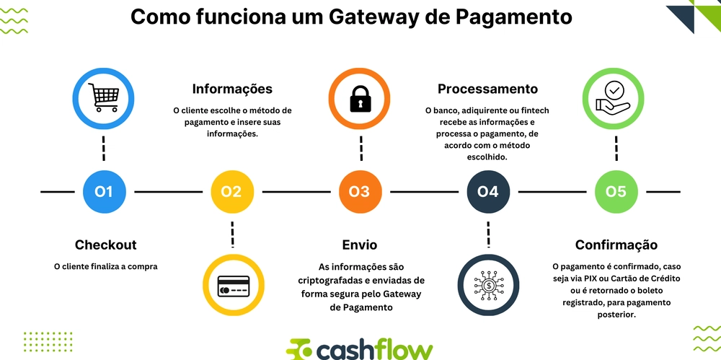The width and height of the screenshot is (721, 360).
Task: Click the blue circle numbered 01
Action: pos(104,191)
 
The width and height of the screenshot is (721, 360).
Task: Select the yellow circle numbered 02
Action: pos(231,191)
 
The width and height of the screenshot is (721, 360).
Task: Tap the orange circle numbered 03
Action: pos(359,191)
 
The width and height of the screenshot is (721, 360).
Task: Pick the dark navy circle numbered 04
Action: pos(488,191)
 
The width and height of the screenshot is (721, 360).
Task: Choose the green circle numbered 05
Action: pos(616,191)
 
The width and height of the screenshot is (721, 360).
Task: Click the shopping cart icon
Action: pos(104,98)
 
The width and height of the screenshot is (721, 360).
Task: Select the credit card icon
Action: pos(233,285)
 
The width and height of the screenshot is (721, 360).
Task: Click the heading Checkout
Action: pos(105,245)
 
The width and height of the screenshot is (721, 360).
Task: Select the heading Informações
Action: pos(232,89)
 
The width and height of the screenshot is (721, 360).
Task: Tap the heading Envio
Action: pos(359,245)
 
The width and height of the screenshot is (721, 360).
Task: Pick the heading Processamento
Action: pos(488,89)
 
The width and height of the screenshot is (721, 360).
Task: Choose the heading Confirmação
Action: pos(616,245)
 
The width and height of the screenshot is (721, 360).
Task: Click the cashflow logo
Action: pos(360,348)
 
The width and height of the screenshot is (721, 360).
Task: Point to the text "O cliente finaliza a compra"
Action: pos(105,266)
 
